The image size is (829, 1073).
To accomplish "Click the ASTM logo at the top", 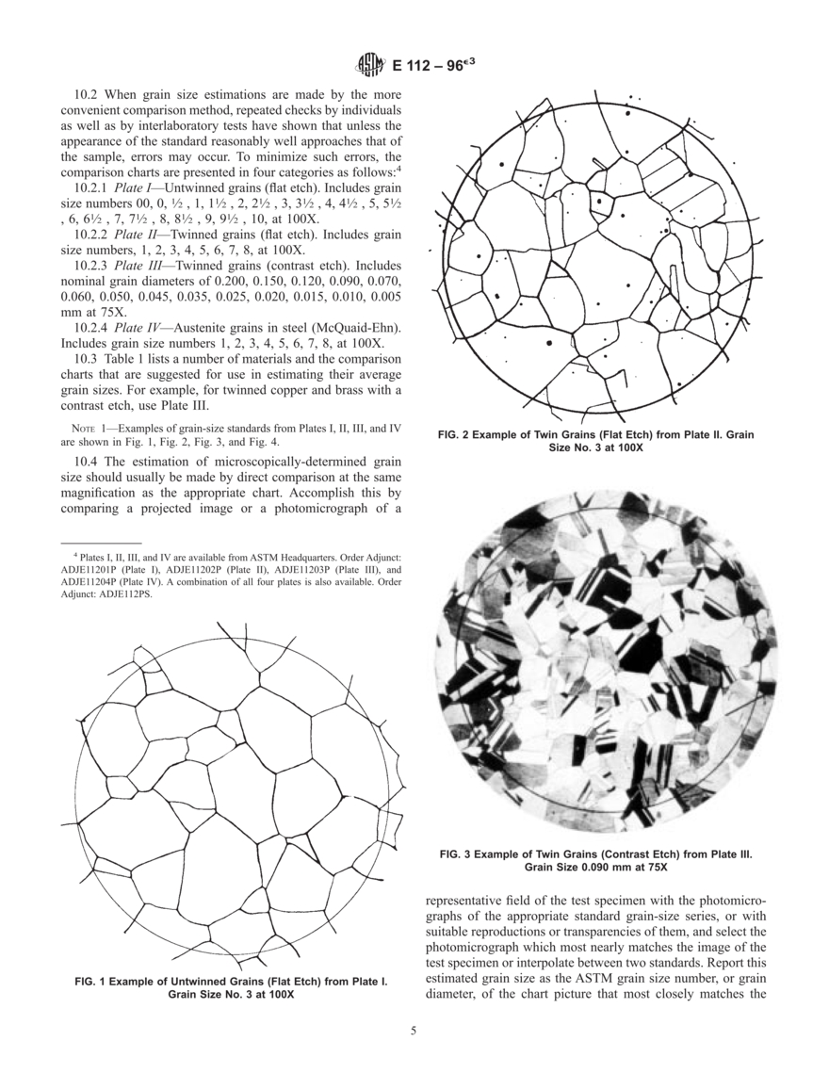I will [x=369, y=66].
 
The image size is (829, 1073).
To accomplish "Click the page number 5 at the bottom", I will [x=414, y=1030].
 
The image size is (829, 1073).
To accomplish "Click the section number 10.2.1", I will [x=92, y=188].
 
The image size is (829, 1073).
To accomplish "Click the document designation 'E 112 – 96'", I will [x=431, y=67].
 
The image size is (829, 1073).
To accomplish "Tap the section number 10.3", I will [x=86, y=360].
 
